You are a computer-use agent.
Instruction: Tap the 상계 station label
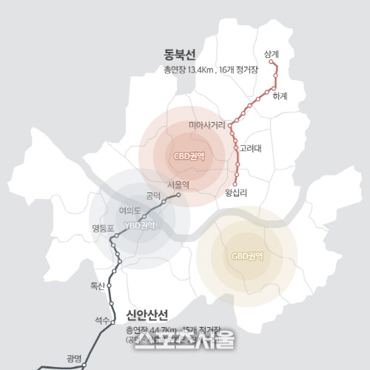tap(272, 54)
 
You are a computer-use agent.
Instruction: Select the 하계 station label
tap(279, 96)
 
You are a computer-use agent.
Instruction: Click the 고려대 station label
tap(251, 148)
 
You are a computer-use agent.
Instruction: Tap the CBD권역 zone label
tap(189, 156)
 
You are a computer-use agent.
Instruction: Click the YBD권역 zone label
tap(139, 225)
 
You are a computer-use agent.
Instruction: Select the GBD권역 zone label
tap(247, 256)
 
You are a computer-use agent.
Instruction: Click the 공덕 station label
tap(154, 195)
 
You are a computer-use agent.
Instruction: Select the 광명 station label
tap(74, 358)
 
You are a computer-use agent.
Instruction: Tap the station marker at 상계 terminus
tap(272, 64)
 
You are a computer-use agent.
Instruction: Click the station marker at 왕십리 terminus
tap(235, 184)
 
